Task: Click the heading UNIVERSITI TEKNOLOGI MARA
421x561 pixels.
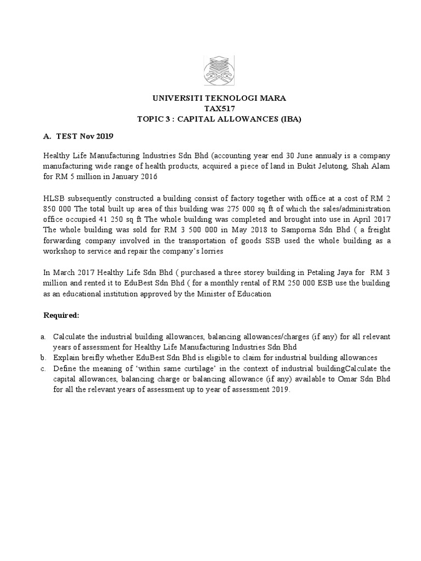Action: click(x=218, y=99)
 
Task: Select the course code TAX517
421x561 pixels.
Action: click(x=218, y=108)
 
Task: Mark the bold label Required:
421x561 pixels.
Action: click(x=61, y=316)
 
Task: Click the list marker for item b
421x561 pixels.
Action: click(x=46, y=356)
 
